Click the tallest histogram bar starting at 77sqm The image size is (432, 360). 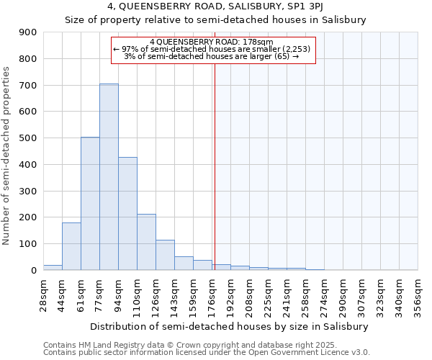[109, 177]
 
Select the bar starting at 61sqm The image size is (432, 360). [90, 204]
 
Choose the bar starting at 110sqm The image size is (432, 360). [146, 242]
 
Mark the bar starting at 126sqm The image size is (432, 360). [165, 255]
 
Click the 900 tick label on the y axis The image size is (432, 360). [28, 32]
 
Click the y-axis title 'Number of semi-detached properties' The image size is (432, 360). [7, 156]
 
